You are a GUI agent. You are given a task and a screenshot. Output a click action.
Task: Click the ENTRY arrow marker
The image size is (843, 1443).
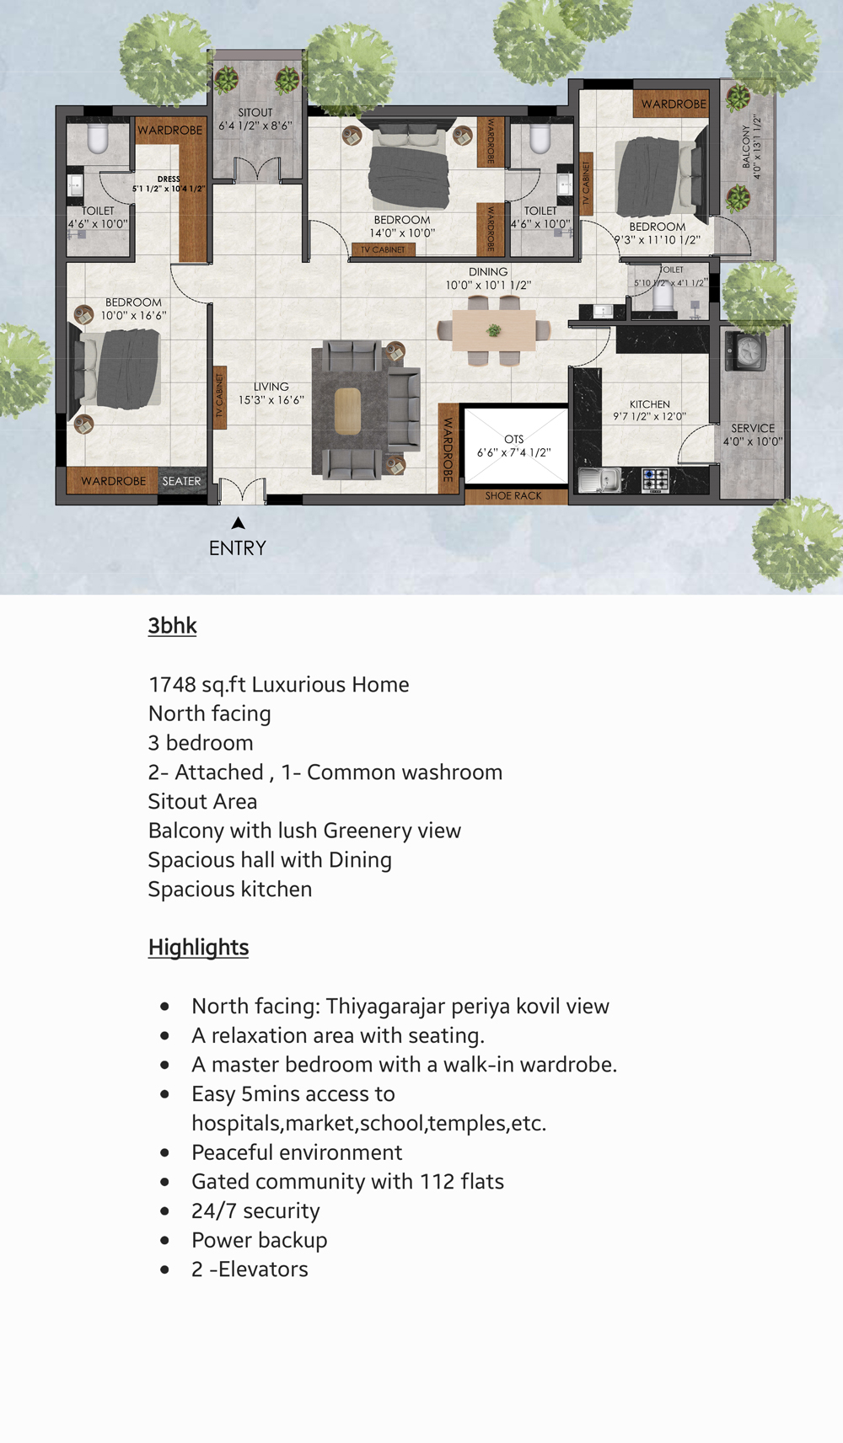[239, 523]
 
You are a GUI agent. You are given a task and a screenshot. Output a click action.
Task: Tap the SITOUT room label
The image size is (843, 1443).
[255, 113]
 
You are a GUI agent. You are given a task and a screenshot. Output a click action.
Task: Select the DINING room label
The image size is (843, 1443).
[488, 272]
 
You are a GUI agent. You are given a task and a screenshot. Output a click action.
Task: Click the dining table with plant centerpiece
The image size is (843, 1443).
[494, 331]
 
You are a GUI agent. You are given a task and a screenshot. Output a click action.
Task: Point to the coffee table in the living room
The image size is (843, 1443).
[347, 412]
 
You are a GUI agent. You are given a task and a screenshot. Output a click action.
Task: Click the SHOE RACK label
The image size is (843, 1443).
[513, 496]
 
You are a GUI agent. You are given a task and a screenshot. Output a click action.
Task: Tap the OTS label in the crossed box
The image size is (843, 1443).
[514, 440]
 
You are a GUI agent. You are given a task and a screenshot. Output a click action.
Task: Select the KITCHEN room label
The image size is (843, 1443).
[650, 404]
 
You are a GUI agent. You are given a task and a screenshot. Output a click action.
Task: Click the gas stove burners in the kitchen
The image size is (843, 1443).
[655, 480]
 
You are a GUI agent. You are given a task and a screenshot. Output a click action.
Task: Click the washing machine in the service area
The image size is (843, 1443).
[748, 351]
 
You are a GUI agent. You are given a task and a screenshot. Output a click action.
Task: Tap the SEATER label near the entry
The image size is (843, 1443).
[181, 482]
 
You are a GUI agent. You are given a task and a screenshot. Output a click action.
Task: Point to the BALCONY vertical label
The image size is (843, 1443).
[746, 147]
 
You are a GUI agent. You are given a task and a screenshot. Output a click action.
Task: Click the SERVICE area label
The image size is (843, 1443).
[753, 428]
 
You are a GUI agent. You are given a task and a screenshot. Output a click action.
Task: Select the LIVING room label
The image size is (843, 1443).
[271, 387]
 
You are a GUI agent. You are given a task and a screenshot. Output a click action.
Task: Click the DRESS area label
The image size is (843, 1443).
[169, 179]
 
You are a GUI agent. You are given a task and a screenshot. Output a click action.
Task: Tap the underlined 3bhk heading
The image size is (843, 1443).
[172, 626]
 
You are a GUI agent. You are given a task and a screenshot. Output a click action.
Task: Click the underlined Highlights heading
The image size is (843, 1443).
[198, 948]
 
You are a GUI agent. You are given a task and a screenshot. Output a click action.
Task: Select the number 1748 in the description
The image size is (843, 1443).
[172, 685]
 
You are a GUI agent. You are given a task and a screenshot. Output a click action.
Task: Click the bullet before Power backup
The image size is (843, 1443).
[164, 1240]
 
